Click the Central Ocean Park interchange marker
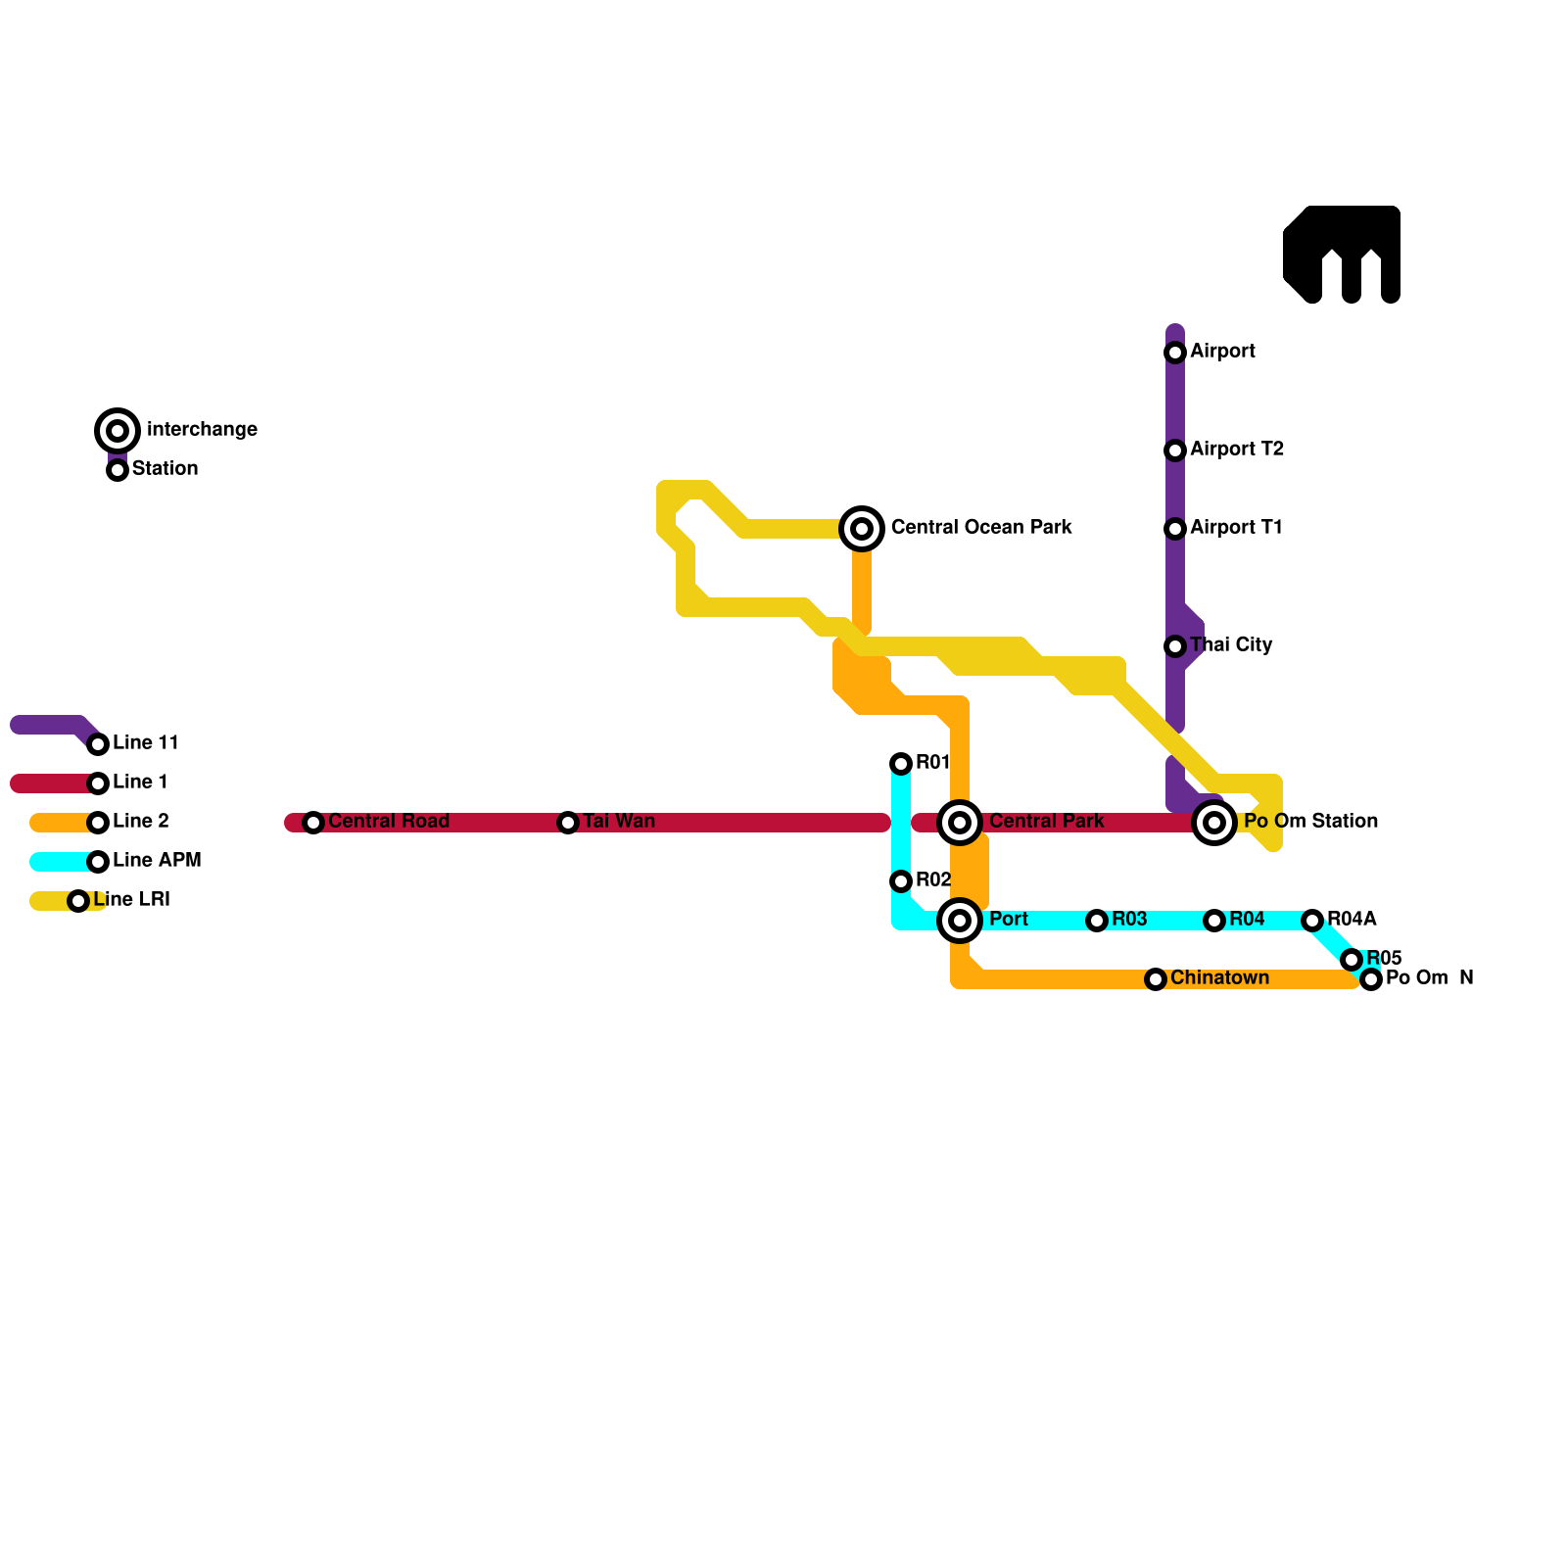pos(862,529)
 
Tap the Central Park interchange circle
pos(960,823)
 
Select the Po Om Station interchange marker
pos(1214,823)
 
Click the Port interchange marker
pos(960,921)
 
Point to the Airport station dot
pos(1175,353)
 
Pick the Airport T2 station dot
pos(1175,451)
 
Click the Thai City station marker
pos(1175,646)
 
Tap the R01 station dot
pos(901,764)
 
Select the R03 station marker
pos(1097,921)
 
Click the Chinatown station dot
pos(1156,979)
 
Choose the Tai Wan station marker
pos(568,823)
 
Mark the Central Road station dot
pos(313,823)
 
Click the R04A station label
pos(1352,919)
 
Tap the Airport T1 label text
pos(1236,527)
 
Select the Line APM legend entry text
pos(157,860)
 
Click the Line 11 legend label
pos(146,742)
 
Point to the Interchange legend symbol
pos(118,431)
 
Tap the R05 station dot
pos(1352,960)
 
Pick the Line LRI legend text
pos(132,899)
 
